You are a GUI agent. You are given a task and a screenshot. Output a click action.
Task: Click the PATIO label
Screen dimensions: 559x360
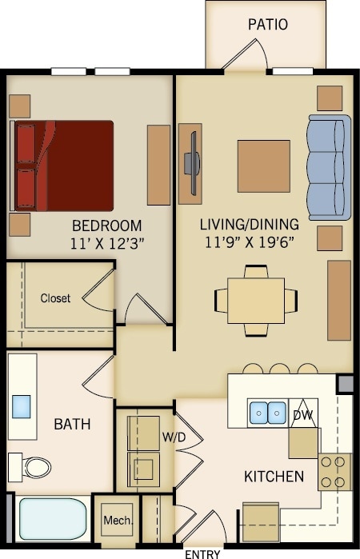pos(267,25)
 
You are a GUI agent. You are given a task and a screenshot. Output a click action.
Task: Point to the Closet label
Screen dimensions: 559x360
pos(55,298)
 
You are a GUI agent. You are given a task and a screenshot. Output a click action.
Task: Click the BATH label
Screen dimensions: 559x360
pos(72,424)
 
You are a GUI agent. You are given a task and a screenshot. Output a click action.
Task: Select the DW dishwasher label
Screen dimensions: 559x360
pos(302,415)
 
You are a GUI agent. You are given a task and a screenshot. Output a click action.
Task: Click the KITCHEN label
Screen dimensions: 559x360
pos(274,477)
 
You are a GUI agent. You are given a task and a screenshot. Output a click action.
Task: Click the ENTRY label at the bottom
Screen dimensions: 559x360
pos(202,553)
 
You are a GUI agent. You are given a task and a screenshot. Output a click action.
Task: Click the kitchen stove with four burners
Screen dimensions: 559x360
pos(335,471)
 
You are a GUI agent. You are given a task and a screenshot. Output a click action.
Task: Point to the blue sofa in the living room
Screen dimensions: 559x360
pos(329,167)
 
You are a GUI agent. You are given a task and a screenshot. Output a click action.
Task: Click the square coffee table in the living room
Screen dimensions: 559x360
pos(263,166)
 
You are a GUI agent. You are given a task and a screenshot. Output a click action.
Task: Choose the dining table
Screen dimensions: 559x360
pos(256,301)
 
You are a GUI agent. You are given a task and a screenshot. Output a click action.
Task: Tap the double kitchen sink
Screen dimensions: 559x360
pos(267,413)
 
